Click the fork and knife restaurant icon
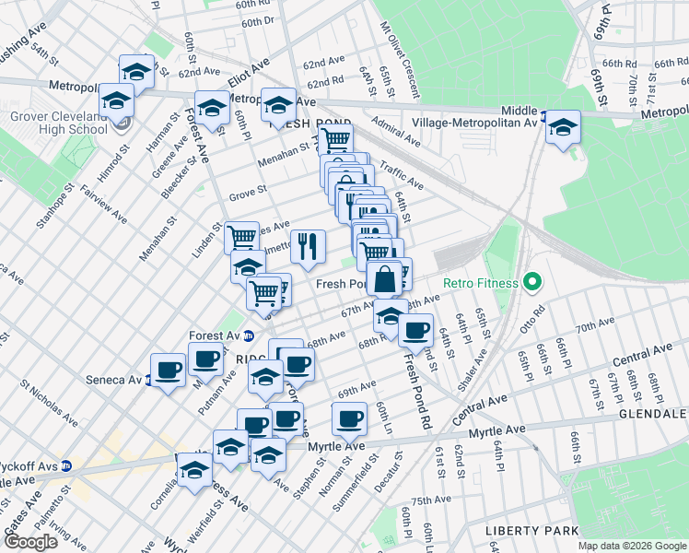[x=308, y=245]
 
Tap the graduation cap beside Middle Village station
[x=561, y=127]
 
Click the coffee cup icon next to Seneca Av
[x=168, y=371]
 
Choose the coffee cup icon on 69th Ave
[x=349, y=419]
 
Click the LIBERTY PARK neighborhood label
[x=533, y=531]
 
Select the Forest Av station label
[x=215, y=335]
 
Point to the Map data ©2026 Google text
[x=631, y=546]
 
